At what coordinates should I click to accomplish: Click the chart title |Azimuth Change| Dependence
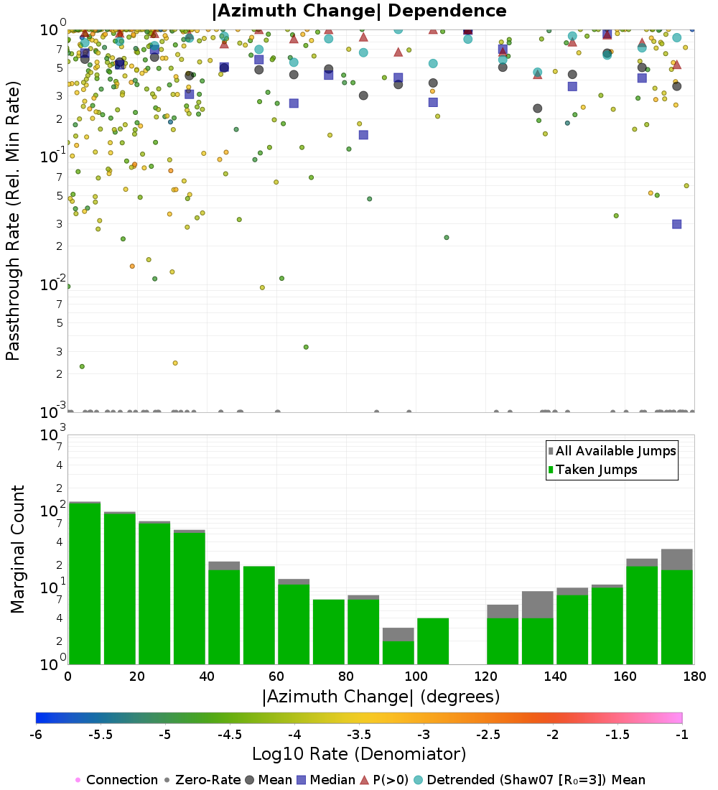pos(359,11)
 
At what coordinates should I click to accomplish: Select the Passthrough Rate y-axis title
pos(13,220)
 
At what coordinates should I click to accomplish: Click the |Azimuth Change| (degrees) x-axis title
pos(381,696)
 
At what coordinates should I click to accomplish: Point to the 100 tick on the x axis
pos(416,676)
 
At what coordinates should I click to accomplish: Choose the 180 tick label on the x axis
pos(694,676)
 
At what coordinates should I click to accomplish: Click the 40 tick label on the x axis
pos(207,676)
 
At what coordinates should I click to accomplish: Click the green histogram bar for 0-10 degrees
pos(85,583)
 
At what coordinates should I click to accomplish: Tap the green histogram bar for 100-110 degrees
pos(433,641)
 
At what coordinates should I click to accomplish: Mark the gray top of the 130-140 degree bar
pos(537,604)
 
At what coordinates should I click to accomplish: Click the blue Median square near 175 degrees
pos(676,224)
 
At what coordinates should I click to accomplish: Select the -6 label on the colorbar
pos(36,735)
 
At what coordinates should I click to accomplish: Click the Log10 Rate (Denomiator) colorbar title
pos(359,754)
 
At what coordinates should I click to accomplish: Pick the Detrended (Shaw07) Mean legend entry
pos(536,780)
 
